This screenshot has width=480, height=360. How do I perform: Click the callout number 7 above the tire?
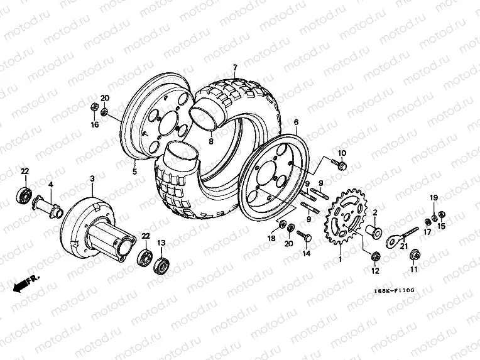coord(234,67)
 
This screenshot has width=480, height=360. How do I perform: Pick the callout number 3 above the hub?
coord(92,179)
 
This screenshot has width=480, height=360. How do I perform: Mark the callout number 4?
coord(51,184)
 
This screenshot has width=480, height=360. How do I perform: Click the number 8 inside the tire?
coord(211,142)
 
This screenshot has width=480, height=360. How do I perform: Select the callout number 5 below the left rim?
coord(134,170)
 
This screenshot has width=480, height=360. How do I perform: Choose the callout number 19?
coord(433,198)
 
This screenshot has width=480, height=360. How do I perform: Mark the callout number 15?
coord(441,225)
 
